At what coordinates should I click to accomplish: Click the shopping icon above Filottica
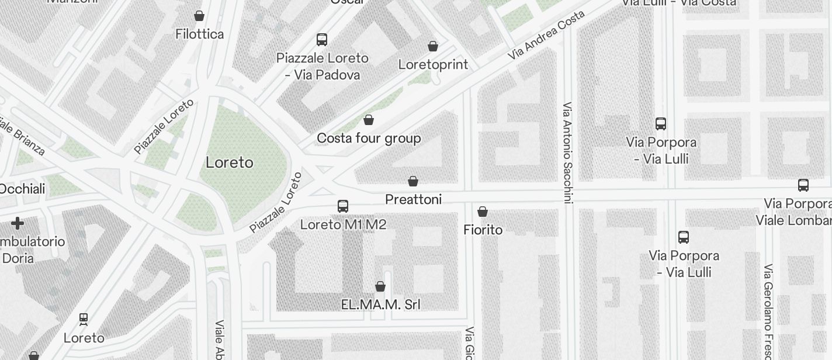point(199,16)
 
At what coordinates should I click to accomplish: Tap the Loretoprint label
point(433,64)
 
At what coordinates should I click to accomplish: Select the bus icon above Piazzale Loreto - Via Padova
point(322,40)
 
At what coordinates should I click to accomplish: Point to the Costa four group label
point(369,139)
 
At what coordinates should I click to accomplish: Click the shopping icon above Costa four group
point(369,120)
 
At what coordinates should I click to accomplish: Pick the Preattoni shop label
point(413,200)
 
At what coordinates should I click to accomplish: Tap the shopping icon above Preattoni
point(413,182)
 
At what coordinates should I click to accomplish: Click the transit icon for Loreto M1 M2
point(343,206)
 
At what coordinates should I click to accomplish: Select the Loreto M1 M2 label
point(343,224)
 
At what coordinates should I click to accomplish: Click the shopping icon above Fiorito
point(483,212)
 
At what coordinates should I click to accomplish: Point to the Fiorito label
point(483,230)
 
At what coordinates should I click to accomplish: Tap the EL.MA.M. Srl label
point(380,304)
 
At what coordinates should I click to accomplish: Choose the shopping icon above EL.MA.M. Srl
point(380,286)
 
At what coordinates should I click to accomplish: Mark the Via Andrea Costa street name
point(546,34)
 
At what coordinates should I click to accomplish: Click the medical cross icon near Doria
point(18,223)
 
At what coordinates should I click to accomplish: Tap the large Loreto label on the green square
point(230,162)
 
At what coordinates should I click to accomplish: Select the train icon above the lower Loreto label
point(84,320)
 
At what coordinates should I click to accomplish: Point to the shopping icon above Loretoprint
point(433,46)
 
